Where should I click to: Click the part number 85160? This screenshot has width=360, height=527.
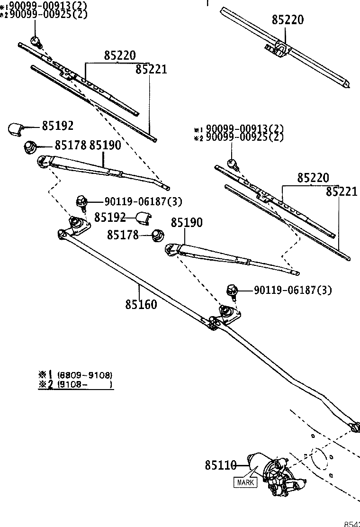pos(141,304)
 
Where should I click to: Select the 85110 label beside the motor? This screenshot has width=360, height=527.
pos(220,466)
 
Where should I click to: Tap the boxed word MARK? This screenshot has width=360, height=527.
pos(245,483)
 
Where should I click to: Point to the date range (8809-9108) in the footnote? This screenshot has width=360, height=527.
pos(85,374)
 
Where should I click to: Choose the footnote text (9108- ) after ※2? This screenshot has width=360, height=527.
pos(85,385)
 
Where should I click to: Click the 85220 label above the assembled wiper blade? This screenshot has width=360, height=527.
pos(288,20)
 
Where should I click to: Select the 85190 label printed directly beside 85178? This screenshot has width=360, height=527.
pos(105,145)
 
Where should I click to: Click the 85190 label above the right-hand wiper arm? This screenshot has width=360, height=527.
pos(187,222)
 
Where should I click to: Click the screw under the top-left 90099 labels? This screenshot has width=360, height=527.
pos(36,42)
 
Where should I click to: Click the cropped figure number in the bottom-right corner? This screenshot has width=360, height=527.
pos(351,524)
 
